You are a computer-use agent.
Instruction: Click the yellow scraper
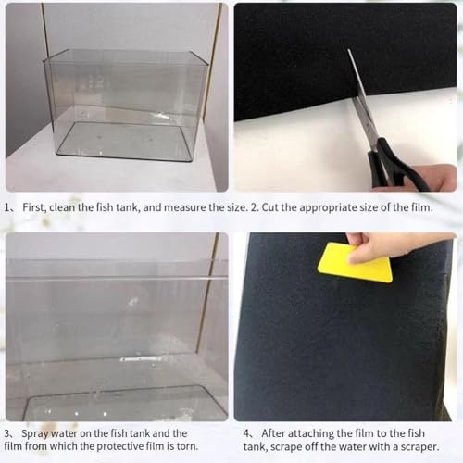pyautogui.click(x=355, y=262)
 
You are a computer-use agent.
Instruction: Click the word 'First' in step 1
pyautogui.click(x=34, y=207)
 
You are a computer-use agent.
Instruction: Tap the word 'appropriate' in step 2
pyautogui.click(x=328, y=208)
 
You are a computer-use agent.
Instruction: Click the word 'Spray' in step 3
pyautogui.click(x=34, y=434)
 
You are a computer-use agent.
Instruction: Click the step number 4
pyautogui.click(x=246, y=433)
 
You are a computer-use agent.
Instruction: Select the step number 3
pyautogui.click(x=7, y=433)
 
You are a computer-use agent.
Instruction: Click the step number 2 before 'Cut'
pyautogui.click(x=254, y=207)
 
